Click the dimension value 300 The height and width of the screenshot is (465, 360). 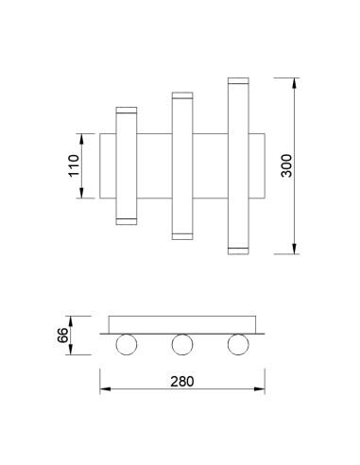[286, 165]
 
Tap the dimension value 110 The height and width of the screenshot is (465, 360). [74, 165]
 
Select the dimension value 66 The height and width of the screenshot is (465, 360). [62, 336]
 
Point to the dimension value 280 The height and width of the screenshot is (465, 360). [182, 382]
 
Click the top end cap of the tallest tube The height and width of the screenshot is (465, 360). [238, 80]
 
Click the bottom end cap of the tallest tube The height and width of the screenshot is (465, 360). [238, 250]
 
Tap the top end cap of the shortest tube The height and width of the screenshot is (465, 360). [127, 110]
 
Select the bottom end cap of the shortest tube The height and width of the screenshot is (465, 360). [127, 221]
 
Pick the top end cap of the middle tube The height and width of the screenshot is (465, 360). [182, 95]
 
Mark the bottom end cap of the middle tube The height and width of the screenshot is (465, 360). [182, 236]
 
